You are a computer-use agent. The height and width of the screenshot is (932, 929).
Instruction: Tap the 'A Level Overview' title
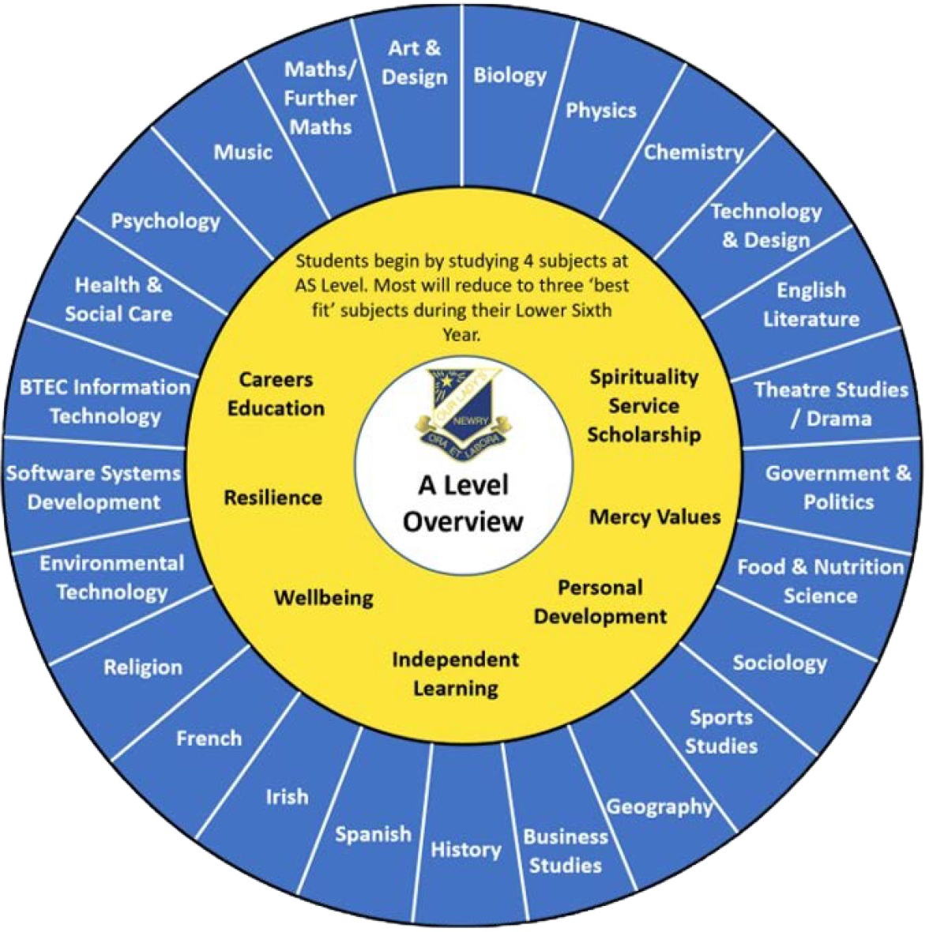coord(463,503)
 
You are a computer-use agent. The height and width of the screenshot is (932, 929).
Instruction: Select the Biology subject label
coord(510,76)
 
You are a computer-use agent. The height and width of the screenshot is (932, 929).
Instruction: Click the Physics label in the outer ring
coord(600,111)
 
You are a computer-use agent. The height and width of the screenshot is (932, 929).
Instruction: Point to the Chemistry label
coord(693,152)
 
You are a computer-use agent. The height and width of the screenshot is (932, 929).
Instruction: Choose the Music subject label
coord(243,152)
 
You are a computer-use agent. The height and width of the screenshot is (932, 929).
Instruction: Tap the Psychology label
coord(165,221)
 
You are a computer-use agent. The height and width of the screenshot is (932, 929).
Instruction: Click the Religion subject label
coord(143,667)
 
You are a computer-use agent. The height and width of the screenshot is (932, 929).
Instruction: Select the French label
coord(209,738)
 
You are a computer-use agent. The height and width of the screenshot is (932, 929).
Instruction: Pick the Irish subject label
coord(287,797)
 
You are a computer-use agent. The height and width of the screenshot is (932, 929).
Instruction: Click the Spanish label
coord(373,834)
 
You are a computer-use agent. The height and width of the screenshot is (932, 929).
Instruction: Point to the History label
coord(465,850)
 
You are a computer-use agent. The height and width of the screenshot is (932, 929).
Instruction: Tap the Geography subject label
coord(659,807)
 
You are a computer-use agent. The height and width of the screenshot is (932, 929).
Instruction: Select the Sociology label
coord(779,663)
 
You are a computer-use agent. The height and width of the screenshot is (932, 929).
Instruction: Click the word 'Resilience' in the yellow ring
coord(273,498)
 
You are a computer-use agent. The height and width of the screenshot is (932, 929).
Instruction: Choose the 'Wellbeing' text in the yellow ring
coord(323,597)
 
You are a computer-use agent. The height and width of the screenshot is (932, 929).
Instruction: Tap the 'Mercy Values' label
coord(655,517)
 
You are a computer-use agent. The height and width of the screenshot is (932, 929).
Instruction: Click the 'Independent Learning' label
coord(456,674)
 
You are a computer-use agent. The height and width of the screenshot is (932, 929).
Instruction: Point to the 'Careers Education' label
coord(276,394)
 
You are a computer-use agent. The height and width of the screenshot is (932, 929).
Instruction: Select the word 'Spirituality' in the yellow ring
coord(644,377)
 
